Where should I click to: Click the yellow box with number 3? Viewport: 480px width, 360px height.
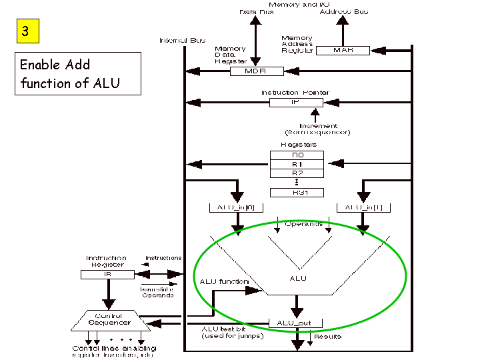point(25,31)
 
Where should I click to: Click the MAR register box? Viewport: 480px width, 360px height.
point(343,50)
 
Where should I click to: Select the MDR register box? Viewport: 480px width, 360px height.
point(257,71)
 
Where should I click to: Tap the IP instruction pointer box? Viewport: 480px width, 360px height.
point(296,103)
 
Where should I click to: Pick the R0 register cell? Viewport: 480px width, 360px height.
point(297,155)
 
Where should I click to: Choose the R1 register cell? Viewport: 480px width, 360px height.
point(297,164)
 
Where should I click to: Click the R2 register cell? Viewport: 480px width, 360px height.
point(297,173)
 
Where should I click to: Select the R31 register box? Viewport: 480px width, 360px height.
point(297,193)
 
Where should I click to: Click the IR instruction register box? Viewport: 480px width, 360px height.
point(107,274)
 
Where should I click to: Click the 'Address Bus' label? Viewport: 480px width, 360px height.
point(343,12)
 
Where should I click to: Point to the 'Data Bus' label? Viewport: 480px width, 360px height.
point(257,12)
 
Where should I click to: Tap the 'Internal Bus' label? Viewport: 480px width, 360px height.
point(182,41)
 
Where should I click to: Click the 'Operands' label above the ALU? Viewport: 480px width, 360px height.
point(303,225)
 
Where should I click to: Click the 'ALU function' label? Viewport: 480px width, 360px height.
point(224,281)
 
